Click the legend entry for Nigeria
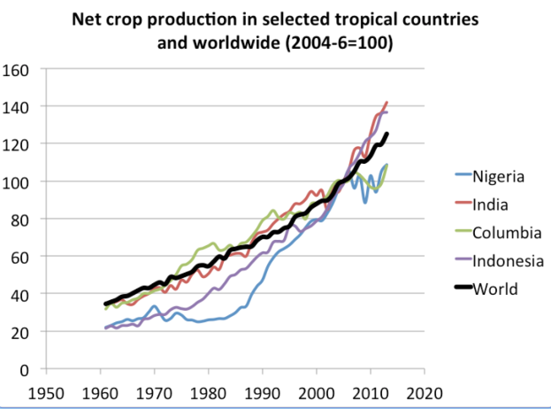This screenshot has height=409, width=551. click(499, 175)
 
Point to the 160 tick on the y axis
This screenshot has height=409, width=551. click(17, 69)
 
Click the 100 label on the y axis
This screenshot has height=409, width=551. click(17, 181)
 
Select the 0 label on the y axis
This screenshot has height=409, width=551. click(25, 368)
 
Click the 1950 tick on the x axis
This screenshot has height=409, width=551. click(43, 390)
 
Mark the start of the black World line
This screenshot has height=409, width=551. click(104, 305)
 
